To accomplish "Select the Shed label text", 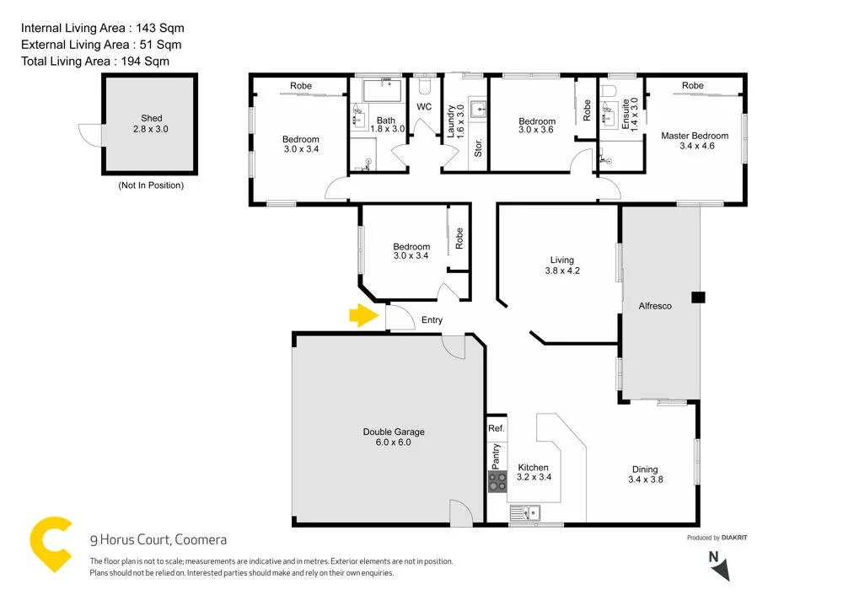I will point(152,119).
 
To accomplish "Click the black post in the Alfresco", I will point(697,297).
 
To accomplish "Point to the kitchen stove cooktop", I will point(497,482).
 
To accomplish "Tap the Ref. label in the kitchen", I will point(497,429).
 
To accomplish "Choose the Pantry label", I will point(496,457).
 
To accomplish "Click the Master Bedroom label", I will point(695,136).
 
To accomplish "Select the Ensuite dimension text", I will point(635,112).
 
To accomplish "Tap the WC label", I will point(424,107).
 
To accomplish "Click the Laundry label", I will point(451,120).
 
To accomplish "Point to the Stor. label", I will point(478,148).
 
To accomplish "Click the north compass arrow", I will point(718,566).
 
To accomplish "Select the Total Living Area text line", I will point(95,61).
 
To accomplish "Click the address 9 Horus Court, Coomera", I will point(158,539).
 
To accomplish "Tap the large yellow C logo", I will point(50,544).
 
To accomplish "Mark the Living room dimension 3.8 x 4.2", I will point(561,271).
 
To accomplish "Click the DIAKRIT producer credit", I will point(736,538).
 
